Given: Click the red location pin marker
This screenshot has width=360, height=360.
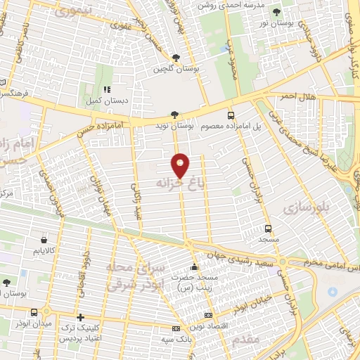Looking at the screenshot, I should pos(181,165).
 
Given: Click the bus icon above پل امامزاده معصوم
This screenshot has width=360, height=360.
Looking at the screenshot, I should pos(231,115).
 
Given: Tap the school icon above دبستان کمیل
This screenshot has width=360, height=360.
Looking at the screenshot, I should pos(107,89).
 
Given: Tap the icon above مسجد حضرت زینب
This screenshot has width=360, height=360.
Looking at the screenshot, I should pos(195,268).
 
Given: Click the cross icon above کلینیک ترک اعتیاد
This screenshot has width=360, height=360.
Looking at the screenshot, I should pos(81,317).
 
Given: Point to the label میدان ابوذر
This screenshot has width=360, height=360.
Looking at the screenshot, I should pos(34,323).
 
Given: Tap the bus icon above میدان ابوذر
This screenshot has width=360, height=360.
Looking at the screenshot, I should pos(34,311).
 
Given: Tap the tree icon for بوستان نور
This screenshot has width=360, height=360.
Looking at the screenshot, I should pos(276,12).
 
